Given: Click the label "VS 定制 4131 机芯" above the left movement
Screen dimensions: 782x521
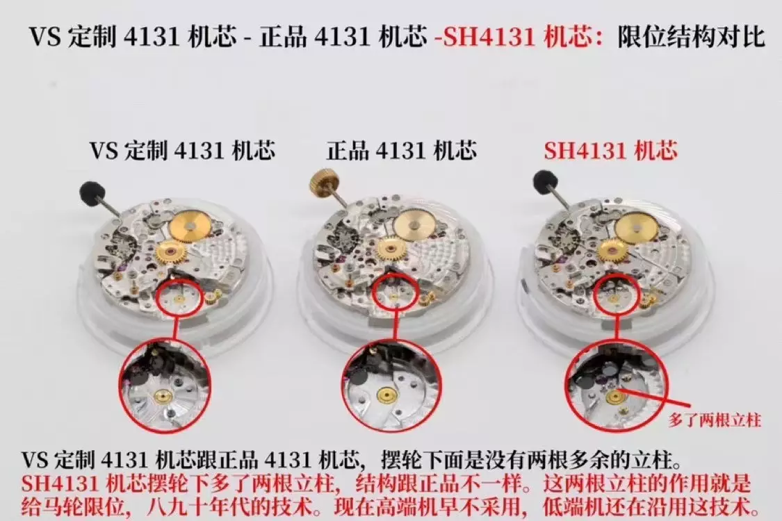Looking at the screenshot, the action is pyautogui.click(x=182, y=151).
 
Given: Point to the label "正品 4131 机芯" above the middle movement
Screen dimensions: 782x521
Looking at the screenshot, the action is pyautogui.click(x=402, y=151).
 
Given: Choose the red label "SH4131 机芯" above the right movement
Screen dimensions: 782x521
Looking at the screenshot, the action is pyautogui.click(x=610, y=151).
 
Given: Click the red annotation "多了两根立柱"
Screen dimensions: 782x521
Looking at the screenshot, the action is pyautogui.click(x=715, y=420).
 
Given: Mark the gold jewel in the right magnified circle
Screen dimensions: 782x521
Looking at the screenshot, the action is pyautogui.click(x=615, y=397).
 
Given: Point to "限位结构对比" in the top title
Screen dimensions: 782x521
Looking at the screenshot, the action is pyautogui.click(x=691, y=37).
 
